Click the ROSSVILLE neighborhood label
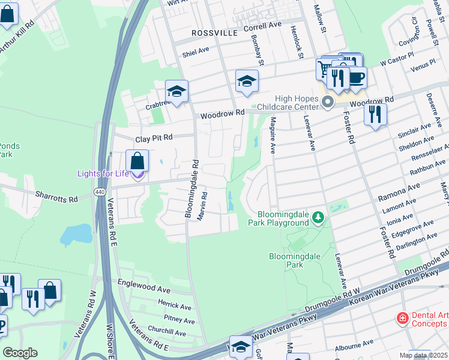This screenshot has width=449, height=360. coord(215,33)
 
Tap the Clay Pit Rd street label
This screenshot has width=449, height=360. coord(154,138)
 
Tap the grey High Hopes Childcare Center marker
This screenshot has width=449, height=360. coord(328,103)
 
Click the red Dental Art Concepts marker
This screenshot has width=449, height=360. coord(402,317)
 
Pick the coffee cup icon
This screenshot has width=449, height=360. coord(357,77)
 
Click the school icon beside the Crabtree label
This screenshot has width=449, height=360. coord(177,91)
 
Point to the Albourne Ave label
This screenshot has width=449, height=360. coord(355,346)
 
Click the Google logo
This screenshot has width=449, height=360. coord(20,353)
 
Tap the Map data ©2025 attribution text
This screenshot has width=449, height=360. coord(424,355)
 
